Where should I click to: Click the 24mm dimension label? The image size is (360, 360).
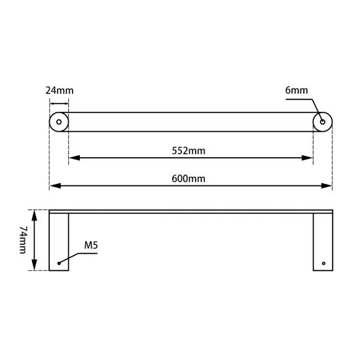pyautogui.click(x=58, y=90)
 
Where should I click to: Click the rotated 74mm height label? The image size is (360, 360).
pyautogui.click(x=24, y=240)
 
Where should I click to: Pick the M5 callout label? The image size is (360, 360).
pyautogui.click(x=90, y=245)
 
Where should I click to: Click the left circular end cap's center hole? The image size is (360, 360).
pyautogui.click(x=59, y=122)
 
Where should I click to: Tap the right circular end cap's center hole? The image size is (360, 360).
pyautogui.click(x=323, y=122)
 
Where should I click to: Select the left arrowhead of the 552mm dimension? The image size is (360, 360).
pyautogui.click(x=73, y=157)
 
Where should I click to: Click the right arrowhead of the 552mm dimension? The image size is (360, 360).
pyautogui.click(x=308, y=157)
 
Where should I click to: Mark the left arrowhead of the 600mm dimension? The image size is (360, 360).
pyautogui.click(x=54, y=187)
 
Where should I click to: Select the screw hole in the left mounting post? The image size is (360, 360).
pyautogui.click(x=60, y=263)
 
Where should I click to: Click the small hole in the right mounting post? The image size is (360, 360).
pyautogui.click(x=323, y=263)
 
